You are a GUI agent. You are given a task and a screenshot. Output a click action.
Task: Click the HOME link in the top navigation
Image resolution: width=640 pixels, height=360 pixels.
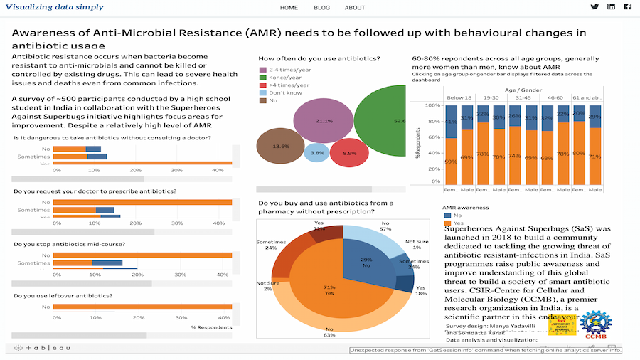coord(289,8)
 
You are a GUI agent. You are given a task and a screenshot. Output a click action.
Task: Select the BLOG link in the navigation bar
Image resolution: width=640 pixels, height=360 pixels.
coord(321,8)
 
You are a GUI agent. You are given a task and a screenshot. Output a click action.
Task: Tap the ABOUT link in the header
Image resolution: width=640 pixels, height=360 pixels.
coord(355,8)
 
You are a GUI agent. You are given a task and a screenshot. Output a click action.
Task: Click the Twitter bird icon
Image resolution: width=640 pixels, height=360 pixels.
coord(594,7)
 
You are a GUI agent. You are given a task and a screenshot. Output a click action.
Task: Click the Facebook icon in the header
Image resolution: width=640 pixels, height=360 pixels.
coord(628,7)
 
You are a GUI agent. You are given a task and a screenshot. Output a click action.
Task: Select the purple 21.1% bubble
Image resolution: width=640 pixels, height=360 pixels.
coord(324,120)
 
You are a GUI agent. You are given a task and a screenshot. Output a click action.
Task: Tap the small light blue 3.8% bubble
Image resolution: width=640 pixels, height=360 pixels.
coord(316,152)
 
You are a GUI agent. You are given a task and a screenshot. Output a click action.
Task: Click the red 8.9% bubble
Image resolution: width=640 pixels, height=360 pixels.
coord(349,152)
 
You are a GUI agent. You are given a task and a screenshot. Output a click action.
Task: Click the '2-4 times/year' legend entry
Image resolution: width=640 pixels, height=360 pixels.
coord(287,70)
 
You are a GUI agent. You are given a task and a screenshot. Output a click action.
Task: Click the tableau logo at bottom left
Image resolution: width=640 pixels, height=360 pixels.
coord(44,348)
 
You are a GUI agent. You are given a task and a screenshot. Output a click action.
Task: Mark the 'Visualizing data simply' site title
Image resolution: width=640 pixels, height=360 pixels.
coord(54,7)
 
